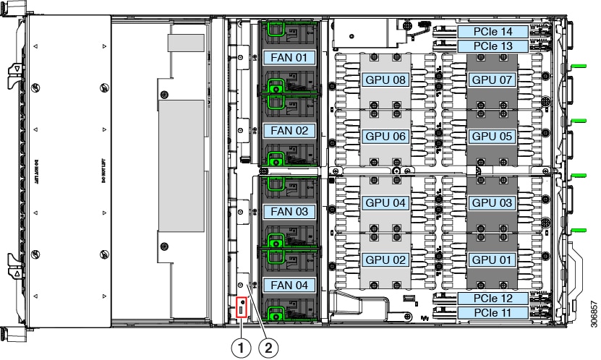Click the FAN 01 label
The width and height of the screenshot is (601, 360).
pyautogui.click(x=288, y=56)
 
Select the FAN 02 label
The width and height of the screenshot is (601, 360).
pyautogui.click(x=288, y=131)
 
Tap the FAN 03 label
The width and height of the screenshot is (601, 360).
pyautogui.click(x=288, y=212)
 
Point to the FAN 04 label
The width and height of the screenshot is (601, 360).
pyautogui.click(x=288, y=285)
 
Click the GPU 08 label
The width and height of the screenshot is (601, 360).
pyautogui.click(x=385, y=79)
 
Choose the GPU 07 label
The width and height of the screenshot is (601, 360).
pyautogui.click(x=492, y=79)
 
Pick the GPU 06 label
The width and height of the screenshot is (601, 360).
pyautogui.click(x=385, y=135)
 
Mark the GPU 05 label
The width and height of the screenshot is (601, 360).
pyautogui.click(x=492, y=135)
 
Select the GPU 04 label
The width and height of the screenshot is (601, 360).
pyautogui.click(x=385, y=202)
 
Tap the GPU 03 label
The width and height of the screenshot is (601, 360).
pyautogui.click(x=492, y=202)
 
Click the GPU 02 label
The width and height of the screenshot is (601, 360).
pyautogui.click(x=385, y=259)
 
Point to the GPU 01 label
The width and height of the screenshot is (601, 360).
pyautogui.click(x=492, y=259)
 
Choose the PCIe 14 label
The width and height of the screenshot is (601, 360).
pyautogui.click(x=492, y=32)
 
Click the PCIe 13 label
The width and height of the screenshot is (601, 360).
pyautogui.click(x=492, y=46)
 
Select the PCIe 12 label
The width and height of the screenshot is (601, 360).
pyautogui.click(x=492, y=299)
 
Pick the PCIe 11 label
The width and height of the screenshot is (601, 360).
pyautogui.click(x=492, y=313)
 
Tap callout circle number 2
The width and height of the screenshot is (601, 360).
pyautogui.click(x=268, y=347)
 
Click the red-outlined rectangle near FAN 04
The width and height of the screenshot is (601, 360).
pyautogui.click(x=242, y=307)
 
